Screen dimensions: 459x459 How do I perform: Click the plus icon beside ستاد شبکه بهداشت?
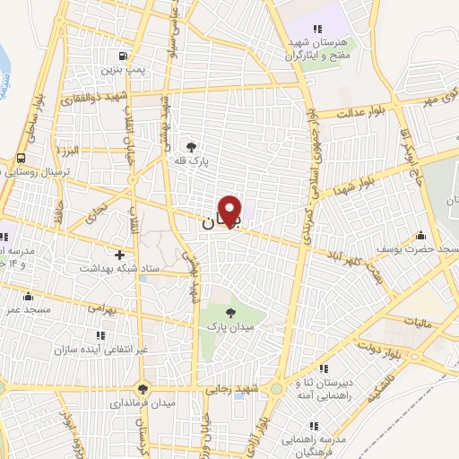[x=119, y=254]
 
